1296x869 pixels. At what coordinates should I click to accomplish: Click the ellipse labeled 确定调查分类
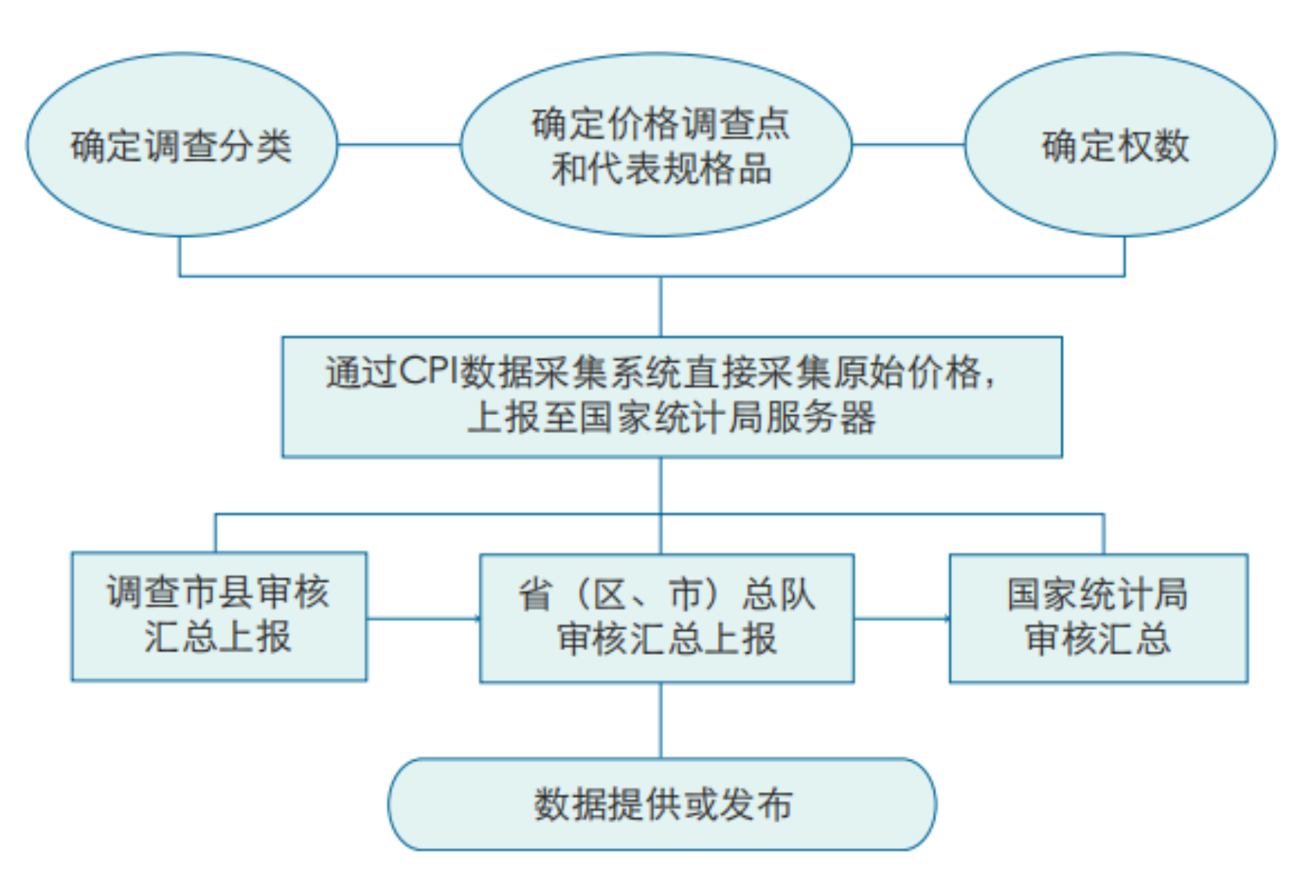click(x=181, y=145)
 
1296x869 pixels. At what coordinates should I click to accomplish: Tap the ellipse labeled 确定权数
click(x=1119, y=145)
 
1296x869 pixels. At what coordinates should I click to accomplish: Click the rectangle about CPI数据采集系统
click(x=672, y=396)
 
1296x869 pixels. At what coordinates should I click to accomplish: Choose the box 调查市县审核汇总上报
click(x=219, y=617)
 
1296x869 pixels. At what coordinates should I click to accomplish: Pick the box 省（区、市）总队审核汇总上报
click(x=666, y=618)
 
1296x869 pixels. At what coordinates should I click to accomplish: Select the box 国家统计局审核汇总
click(x=1098, y=618)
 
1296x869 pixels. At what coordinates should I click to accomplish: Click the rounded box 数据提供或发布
click(x=662, y=804)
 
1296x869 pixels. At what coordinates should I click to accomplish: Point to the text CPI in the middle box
click(x=429, y=371)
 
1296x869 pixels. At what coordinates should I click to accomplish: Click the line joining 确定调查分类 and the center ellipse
click(x=399, y=144)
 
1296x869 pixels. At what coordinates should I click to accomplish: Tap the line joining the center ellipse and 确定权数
click(x=908, y=144)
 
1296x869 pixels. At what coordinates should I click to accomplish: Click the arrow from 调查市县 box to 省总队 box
click(x=423, y=619)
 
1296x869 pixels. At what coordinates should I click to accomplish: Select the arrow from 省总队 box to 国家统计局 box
click(x=901, y=619)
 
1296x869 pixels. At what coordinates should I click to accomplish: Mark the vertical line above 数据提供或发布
click(x=661, y=720)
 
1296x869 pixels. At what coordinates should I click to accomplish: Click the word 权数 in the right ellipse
click(x=1154, y=146)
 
